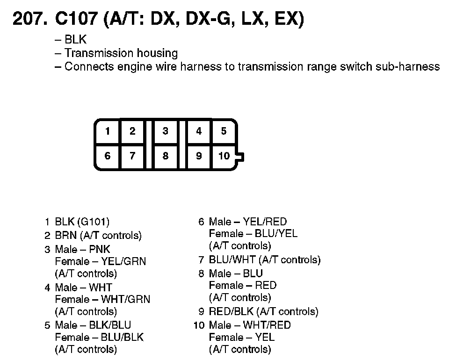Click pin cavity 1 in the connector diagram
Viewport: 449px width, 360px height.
click(x=108, y=131)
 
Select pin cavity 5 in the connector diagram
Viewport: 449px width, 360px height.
click(x=224, y=131)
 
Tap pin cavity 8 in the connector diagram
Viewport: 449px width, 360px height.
click(x=165, y=156)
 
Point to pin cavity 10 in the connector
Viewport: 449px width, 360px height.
click(x=224, y=156)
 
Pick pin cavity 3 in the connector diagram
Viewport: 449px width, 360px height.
click(x=165, y=131)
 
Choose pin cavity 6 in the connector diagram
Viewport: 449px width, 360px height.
click(x=108, y=156)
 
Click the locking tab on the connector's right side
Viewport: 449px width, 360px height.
click(x=240, y=157)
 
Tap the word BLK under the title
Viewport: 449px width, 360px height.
click(x=75, y=40)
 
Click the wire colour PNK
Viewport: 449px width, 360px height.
click(x=101, y=249)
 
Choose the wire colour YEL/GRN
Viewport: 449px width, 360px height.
click(x=123, y=261)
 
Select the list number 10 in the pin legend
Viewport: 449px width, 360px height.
click(x=199, y=325)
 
